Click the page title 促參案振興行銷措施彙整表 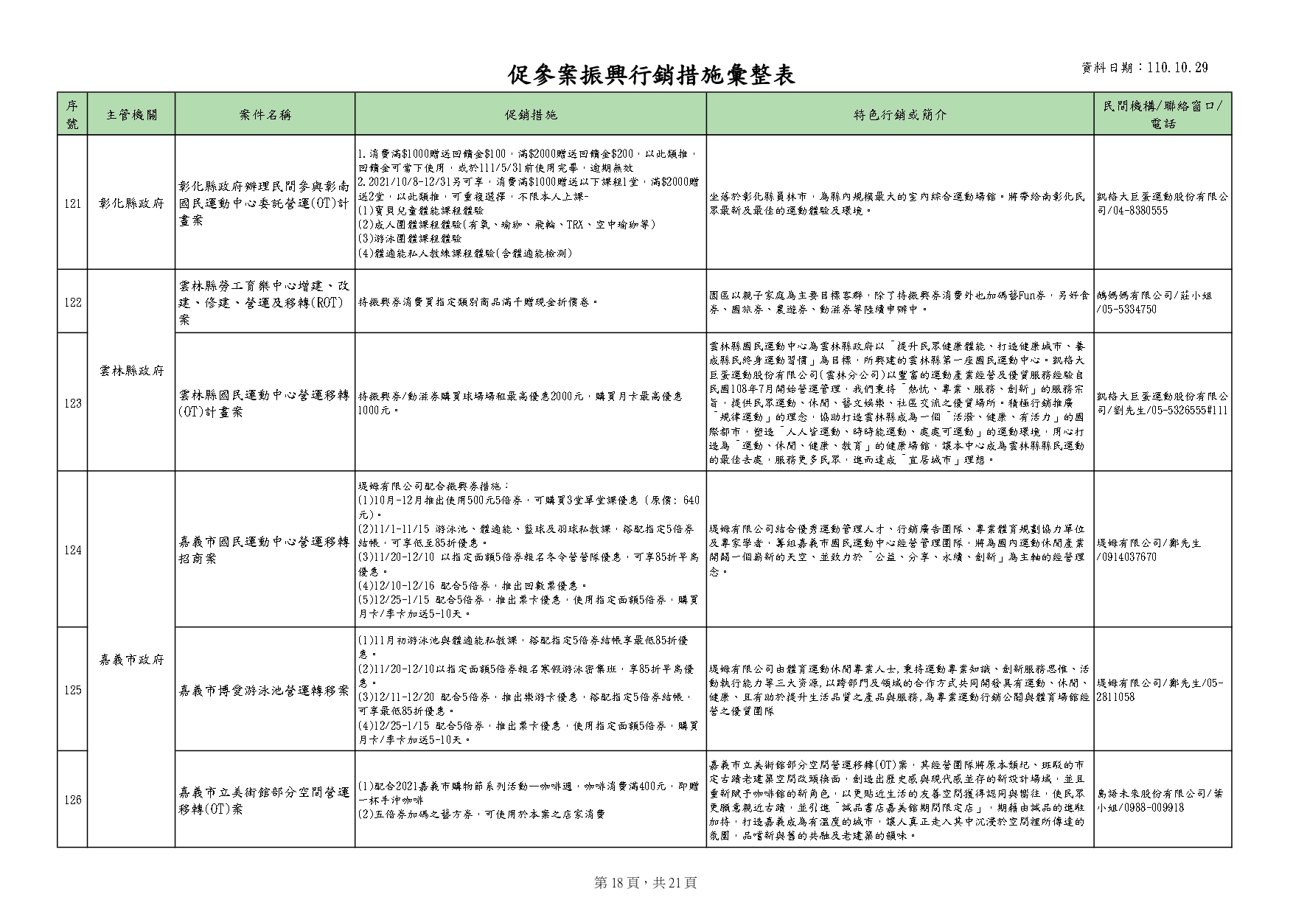652,74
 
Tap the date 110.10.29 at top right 1177,68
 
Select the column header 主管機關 131,114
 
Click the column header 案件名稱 265,114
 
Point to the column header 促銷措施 531,114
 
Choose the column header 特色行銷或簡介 899,114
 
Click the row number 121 72,203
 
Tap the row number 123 72,403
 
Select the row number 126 72,800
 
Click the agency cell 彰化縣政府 131,203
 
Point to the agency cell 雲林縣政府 131,371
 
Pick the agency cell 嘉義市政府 131,660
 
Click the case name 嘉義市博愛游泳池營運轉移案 265,691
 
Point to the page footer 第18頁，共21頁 646,882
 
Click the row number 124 72,550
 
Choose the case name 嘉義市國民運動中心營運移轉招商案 265,551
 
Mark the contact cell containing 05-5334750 1162,302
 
